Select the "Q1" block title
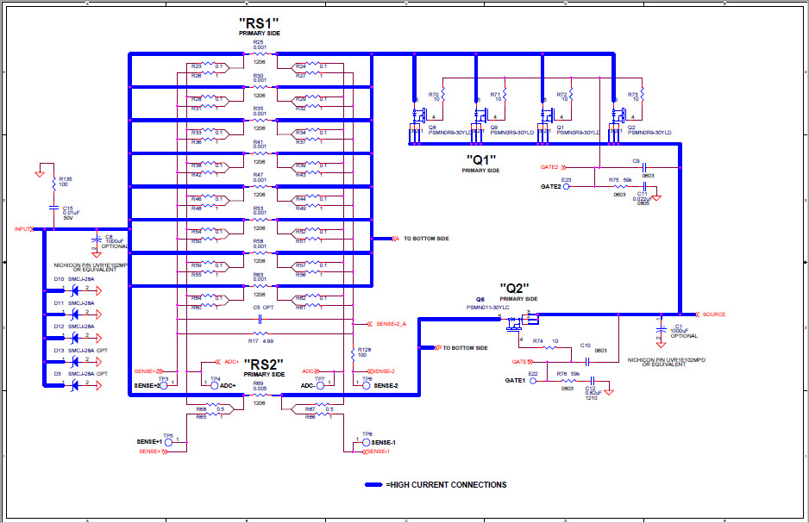coord(480,159)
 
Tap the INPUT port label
coord(23,229)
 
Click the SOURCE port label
coord(714,314)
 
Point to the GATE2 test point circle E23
coord(567,186)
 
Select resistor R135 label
coord(66,178)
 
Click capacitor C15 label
coord(68,208)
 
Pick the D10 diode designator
coord(59,279)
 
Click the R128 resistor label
coord(364,350)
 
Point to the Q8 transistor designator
coord(431,127)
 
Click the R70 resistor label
coord(434,93)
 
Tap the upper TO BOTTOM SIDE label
coord(426,238)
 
